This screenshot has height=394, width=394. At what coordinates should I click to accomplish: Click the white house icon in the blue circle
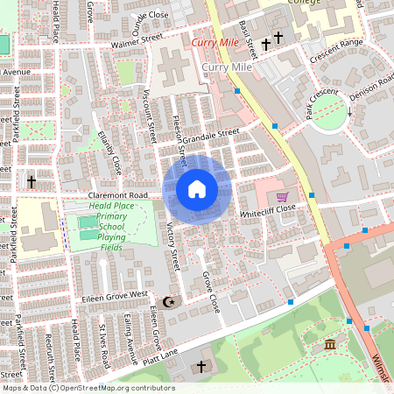coord(197,189)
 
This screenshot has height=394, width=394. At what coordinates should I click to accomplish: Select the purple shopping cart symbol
coord(282,198)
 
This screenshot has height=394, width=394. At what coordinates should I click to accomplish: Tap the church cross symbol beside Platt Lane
coord(201,366)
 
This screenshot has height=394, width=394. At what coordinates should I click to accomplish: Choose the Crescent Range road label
coord(336,51)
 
